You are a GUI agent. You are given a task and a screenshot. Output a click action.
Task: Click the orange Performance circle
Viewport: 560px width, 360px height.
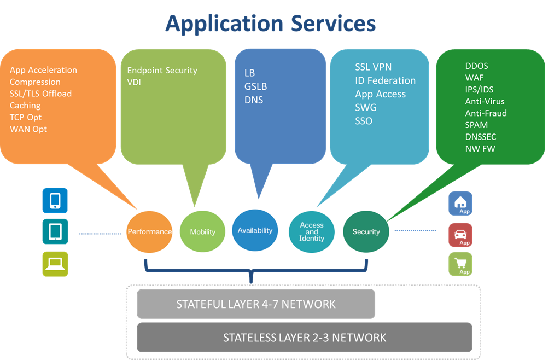(x=149, y=231)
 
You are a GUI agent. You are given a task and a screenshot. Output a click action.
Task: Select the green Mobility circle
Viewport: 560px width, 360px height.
(x=202, y=232)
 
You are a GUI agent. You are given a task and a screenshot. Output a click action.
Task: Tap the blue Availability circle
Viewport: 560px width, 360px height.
(x=255, y=230)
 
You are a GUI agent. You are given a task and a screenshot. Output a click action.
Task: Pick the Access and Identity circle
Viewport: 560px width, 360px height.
(x=312, y=232)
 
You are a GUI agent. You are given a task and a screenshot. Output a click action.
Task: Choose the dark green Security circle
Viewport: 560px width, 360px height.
(x=366, y=231)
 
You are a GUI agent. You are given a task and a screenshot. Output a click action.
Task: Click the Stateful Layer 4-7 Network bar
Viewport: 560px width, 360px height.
(x=256, y=304)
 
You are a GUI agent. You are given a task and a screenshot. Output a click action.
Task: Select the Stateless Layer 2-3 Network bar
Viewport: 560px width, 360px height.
(x=305, y=338)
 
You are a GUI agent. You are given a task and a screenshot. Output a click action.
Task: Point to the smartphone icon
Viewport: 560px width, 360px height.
(x=55, y=200)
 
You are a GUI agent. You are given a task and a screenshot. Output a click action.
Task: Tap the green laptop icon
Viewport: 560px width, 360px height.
(x=55, y=264)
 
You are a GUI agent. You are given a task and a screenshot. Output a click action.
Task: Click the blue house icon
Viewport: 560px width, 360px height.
(x=460, y=204)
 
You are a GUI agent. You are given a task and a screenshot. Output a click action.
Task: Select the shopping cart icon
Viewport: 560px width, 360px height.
(x=460, y=264)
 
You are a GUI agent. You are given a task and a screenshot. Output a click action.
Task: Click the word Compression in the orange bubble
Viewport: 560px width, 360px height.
(x=35, y=82)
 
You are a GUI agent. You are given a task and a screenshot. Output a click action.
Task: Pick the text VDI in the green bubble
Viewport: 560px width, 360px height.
(x=135, y=82)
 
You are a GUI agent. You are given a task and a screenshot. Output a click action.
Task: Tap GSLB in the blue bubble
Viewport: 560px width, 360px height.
(x=256, y=86)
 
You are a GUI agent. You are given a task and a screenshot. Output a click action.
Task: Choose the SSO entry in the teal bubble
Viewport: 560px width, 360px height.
(x=364, y=121)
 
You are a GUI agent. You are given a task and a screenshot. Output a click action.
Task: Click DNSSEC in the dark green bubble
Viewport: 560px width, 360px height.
(x=481, y=137)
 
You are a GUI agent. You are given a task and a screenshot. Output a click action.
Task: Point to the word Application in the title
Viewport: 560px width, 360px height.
(x=225, y=24)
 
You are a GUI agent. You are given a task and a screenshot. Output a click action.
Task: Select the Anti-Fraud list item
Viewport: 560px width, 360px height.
(x=486, y=113)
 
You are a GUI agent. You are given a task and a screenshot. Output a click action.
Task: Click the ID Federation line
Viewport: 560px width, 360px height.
(x=385, y=80)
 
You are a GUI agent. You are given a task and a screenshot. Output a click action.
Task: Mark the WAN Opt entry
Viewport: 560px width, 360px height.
(x=28, y=129)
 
